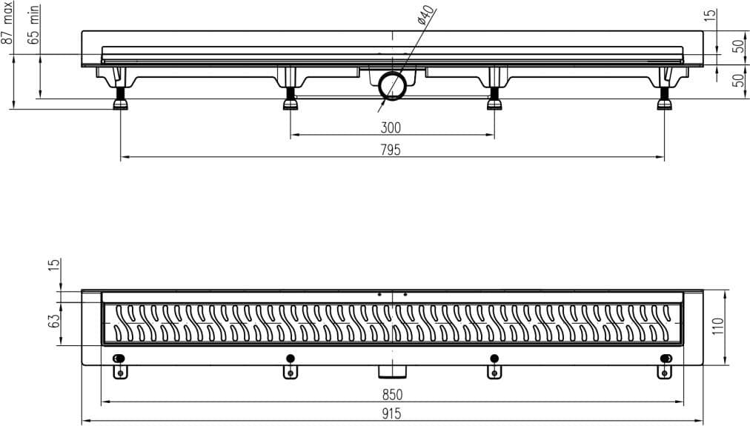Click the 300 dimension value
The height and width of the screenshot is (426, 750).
point(391,127)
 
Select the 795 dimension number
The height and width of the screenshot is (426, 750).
point(391,150)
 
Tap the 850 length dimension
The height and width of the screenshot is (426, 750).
point(392,395)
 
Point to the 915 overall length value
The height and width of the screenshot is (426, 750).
point(391,414)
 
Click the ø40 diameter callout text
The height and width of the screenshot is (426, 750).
point(425,15)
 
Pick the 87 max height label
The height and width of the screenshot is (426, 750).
point(7,23)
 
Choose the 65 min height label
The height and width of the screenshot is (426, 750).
point(33,25)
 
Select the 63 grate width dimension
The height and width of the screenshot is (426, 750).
point(55,320)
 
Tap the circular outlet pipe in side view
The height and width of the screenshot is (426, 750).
point(393,86)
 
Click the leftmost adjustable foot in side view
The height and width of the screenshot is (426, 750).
point(120,98)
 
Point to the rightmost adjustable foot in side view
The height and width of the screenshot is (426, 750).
point(664,98)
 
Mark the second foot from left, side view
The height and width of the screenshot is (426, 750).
point(291,98)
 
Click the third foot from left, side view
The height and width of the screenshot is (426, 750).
point(494,98)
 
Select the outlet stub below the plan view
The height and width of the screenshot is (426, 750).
point(392,370)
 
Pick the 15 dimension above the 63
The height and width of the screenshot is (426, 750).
point(55,264)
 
